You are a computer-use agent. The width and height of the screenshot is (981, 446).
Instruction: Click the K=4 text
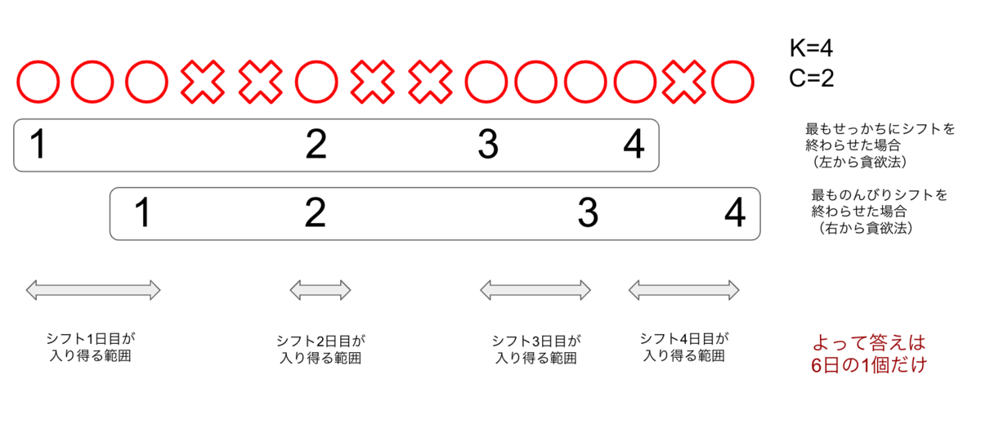[x=811, y=48]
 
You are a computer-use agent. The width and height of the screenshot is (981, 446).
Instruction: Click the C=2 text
[x=811, y=78]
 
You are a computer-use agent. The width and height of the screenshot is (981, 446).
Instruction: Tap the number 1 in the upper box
[x=38, y=144]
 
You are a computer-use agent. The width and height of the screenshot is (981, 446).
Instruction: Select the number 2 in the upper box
[x=316, y=144]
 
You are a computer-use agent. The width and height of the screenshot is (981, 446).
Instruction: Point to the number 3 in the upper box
[x=488, y=144]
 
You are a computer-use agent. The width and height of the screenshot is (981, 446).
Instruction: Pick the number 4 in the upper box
[x=634, y=144]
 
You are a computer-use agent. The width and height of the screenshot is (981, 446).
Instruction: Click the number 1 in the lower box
[x=143, y=212]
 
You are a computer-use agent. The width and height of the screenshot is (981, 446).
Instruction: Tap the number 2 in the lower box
[x=316, y=212]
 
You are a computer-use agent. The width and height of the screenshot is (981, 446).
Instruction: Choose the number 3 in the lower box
[x=588, y=212]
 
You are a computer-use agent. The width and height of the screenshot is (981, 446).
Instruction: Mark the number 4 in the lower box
[x=735, y=212]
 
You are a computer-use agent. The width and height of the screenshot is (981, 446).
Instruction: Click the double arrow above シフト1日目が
[x=93, y=290]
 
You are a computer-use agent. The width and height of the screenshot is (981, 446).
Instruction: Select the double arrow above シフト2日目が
[x=320, y=290]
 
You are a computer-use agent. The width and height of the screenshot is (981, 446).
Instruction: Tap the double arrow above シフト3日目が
[x=535, y=290]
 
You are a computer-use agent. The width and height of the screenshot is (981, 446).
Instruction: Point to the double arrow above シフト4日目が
[x=683, y=290]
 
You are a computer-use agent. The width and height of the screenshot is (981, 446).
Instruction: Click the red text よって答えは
[x=869, y=343]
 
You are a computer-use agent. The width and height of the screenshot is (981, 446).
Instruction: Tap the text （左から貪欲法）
[x=860, y=162]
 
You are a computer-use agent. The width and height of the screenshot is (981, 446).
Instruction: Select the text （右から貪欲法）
[x=866, y=228]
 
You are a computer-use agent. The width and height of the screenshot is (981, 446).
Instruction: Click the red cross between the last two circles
[x=683, y=82]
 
